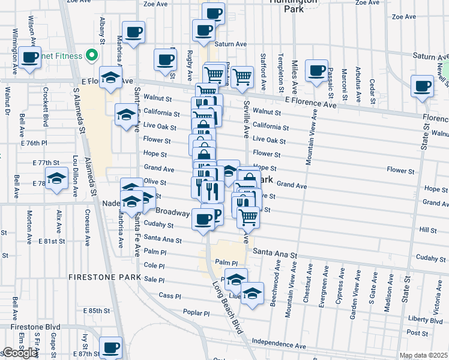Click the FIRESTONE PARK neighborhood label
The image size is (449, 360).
click(x=104, y=278)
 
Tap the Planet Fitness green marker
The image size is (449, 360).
click(x=92, y=56)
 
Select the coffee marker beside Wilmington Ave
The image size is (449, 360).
click(x=30, y=57)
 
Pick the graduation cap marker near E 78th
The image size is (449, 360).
click(x=57, y=179)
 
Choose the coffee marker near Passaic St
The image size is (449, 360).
click(x=316, y=70)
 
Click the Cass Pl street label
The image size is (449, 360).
click(x=170, y=296)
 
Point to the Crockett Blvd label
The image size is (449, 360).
click(x=45, y=107)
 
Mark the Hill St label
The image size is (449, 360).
click(x=428, y=230)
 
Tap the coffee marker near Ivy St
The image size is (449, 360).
click(x=110, y=347)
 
